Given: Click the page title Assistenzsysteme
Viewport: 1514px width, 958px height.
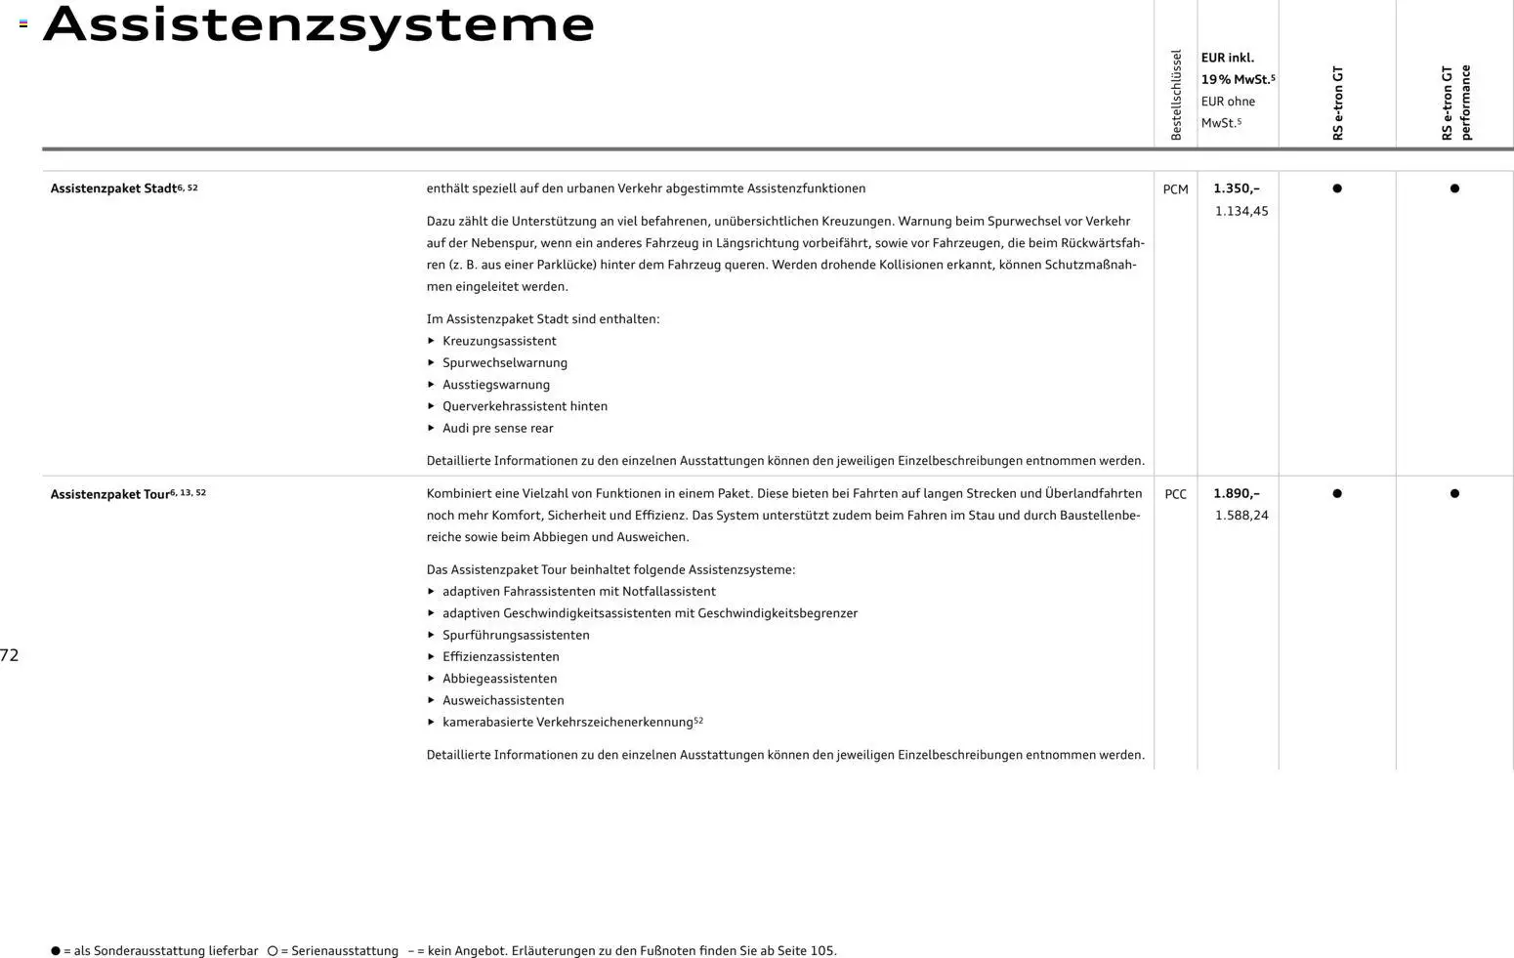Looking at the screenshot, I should point(318,24).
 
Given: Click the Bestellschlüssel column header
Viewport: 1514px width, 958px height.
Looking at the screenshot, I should point(1176,95).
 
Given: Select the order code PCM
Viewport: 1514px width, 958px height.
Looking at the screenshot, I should point(1175,189).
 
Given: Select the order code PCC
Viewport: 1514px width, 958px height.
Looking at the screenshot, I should point(1175,494).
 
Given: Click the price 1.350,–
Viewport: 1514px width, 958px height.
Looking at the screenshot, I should point(1237,188).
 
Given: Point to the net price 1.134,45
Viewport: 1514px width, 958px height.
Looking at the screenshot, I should point(1241,211).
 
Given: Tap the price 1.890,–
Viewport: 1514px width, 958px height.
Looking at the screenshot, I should point(1237,494).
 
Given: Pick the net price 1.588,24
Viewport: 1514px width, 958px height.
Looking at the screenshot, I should point(1241,516).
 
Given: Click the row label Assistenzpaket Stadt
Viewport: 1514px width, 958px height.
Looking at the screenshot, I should point(114,188).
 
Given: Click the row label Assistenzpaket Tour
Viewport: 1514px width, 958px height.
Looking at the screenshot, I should point(110,494).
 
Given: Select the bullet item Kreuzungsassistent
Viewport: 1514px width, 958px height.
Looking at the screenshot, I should point(499,341).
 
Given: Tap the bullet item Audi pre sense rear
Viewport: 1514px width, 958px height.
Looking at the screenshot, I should point(497,428).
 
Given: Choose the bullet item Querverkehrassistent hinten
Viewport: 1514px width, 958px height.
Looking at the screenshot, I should point(525,406).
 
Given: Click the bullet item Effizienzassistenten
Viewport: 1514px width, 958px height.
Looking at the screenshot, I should point(500,657).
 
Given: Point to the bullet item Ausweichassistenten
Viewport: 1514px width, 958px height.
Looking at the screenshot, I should point(503,700).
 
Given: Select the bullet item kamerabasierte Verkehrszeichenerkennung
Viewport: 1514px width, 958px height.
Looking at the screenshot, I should point(568,723).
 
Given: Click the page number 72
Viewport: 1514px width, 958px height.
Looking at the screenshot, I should point(10,655).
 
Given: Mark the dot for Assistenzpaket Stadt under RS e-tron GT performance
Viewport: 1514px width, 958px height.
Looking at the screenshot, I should point(1454,188).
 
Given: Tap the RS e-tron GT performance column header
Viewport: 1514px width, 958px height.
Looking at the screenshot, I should point(1455,103).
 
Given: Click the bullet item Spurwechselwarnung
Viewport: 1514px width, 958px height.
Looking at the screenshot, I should point(504,362).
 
